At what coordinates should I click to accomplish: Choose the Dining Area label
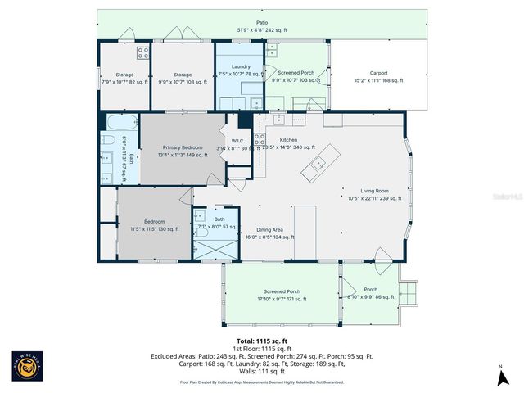click(269, 233)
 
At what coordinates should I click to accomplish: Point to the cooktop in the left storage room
click(142, 54)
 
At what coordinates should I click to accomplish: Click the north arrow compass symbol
click(499, 376)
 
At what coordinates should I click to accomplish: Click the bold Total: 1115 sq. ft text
click(261, 341)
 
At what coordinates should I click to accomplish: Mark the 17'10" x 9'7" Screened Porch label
click(281, 296)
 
